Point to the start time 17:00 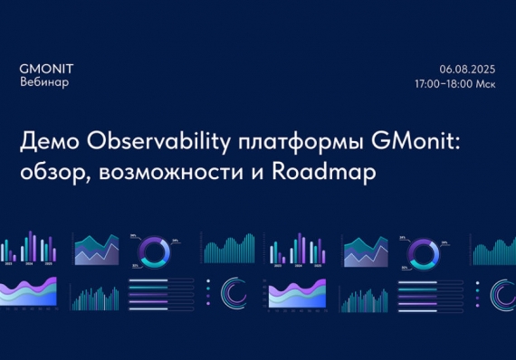[x=429, y=83]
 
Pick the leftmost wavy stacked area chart [x=30, y=291]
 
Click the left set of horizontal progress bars [x=161, y=292]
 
